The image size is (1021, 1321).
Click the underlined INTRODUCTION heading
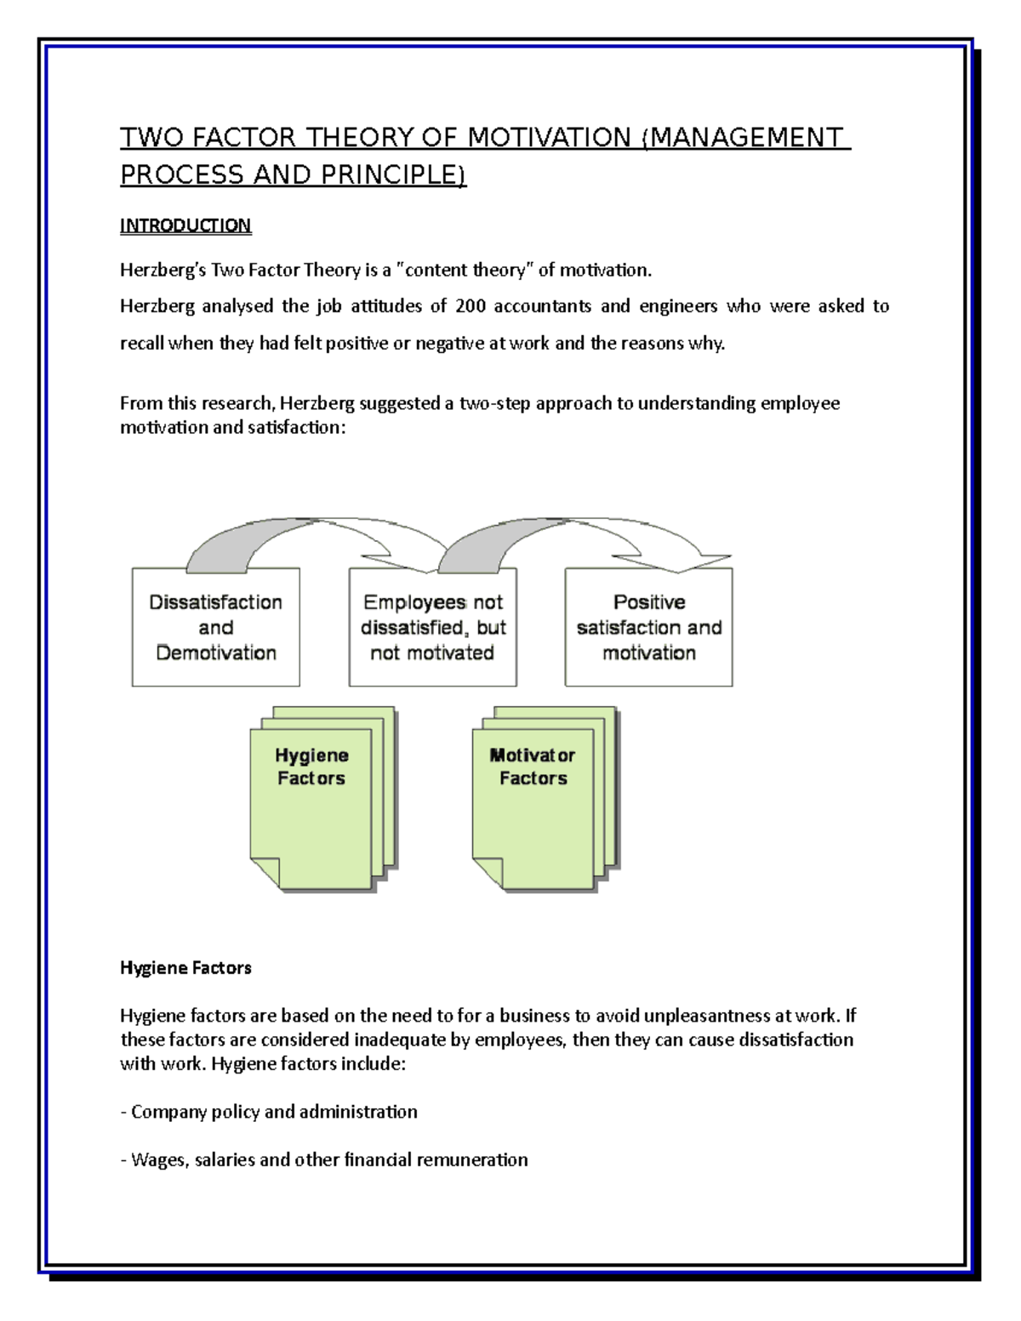pyautogui.click(x=185, y=225)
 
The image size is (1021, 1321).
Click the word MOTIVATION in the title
pyautogui.click(x=550, y=138)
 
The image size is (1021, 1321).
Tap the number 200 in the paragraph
pyautogui.click(x=470, y=306)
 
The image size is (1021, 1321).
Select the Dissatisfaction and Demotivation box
pyautogui.click(x=215, y=627)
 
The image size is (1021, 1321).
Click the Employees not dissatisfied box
pyautogui.click(x=432, y=627)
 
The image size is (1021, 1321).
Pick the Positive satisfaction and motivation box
pyautogui.click(x=648, y=627)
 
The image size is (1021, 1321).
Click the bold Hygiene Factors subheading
pyautogui.click(x=185, y=968)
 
